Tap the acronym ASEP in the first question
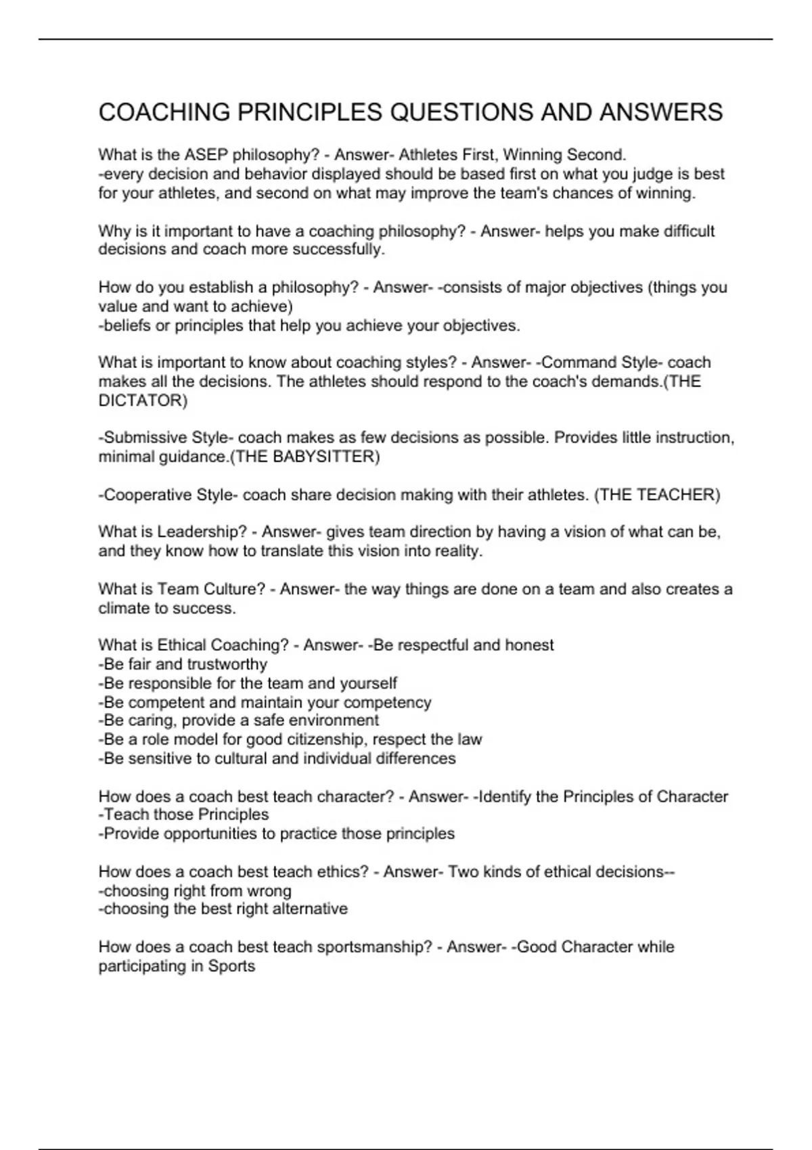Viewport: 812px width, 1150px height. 206,155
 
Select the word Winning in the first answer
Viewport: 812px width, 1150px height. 531,155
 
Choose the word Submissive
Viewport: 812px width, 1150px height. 145,438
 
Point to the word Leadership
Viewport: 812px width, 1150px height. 202,532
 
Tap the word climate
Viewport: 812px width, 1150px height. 123,608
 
